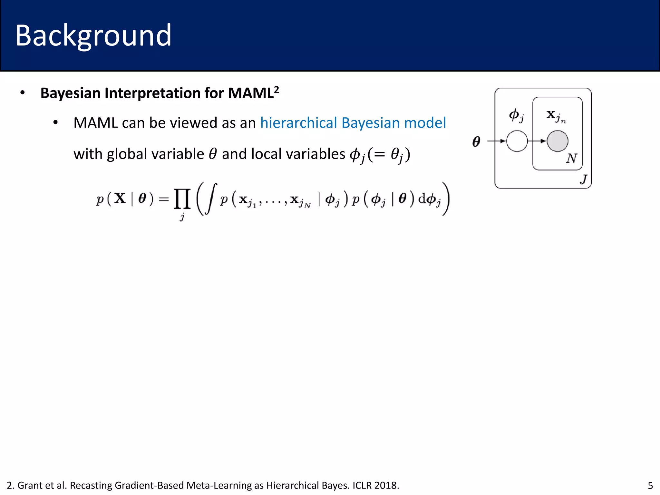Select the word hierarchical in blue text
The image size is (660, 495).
[x=298, y=123]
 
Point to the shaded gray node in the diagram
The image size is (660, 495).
[x=557, y=141]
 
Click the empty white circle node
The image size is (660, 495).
[x=517, y=141]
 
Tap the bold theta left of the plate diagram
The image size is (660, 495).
[x=476, y=141]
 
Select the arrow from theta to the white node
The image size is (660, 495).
[x=496, y=141]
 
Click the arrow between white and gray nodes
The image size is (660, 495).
[x=537, y=141]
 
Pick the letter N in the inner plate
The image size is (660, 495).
[x=571, y=158]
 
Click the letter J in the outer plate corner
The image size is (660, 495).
[x=583, y=179]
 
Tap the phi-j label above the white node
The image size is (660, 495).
[x=516, y=115]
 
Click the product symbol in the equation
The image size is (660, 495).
[x=182, y=199]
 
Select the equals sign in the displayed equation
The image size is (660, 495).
[x=164, y=199]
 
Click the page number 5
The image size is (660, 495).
[x=650, y=485]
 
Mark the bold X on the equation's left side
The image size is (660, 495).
[x=120, y=198]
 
